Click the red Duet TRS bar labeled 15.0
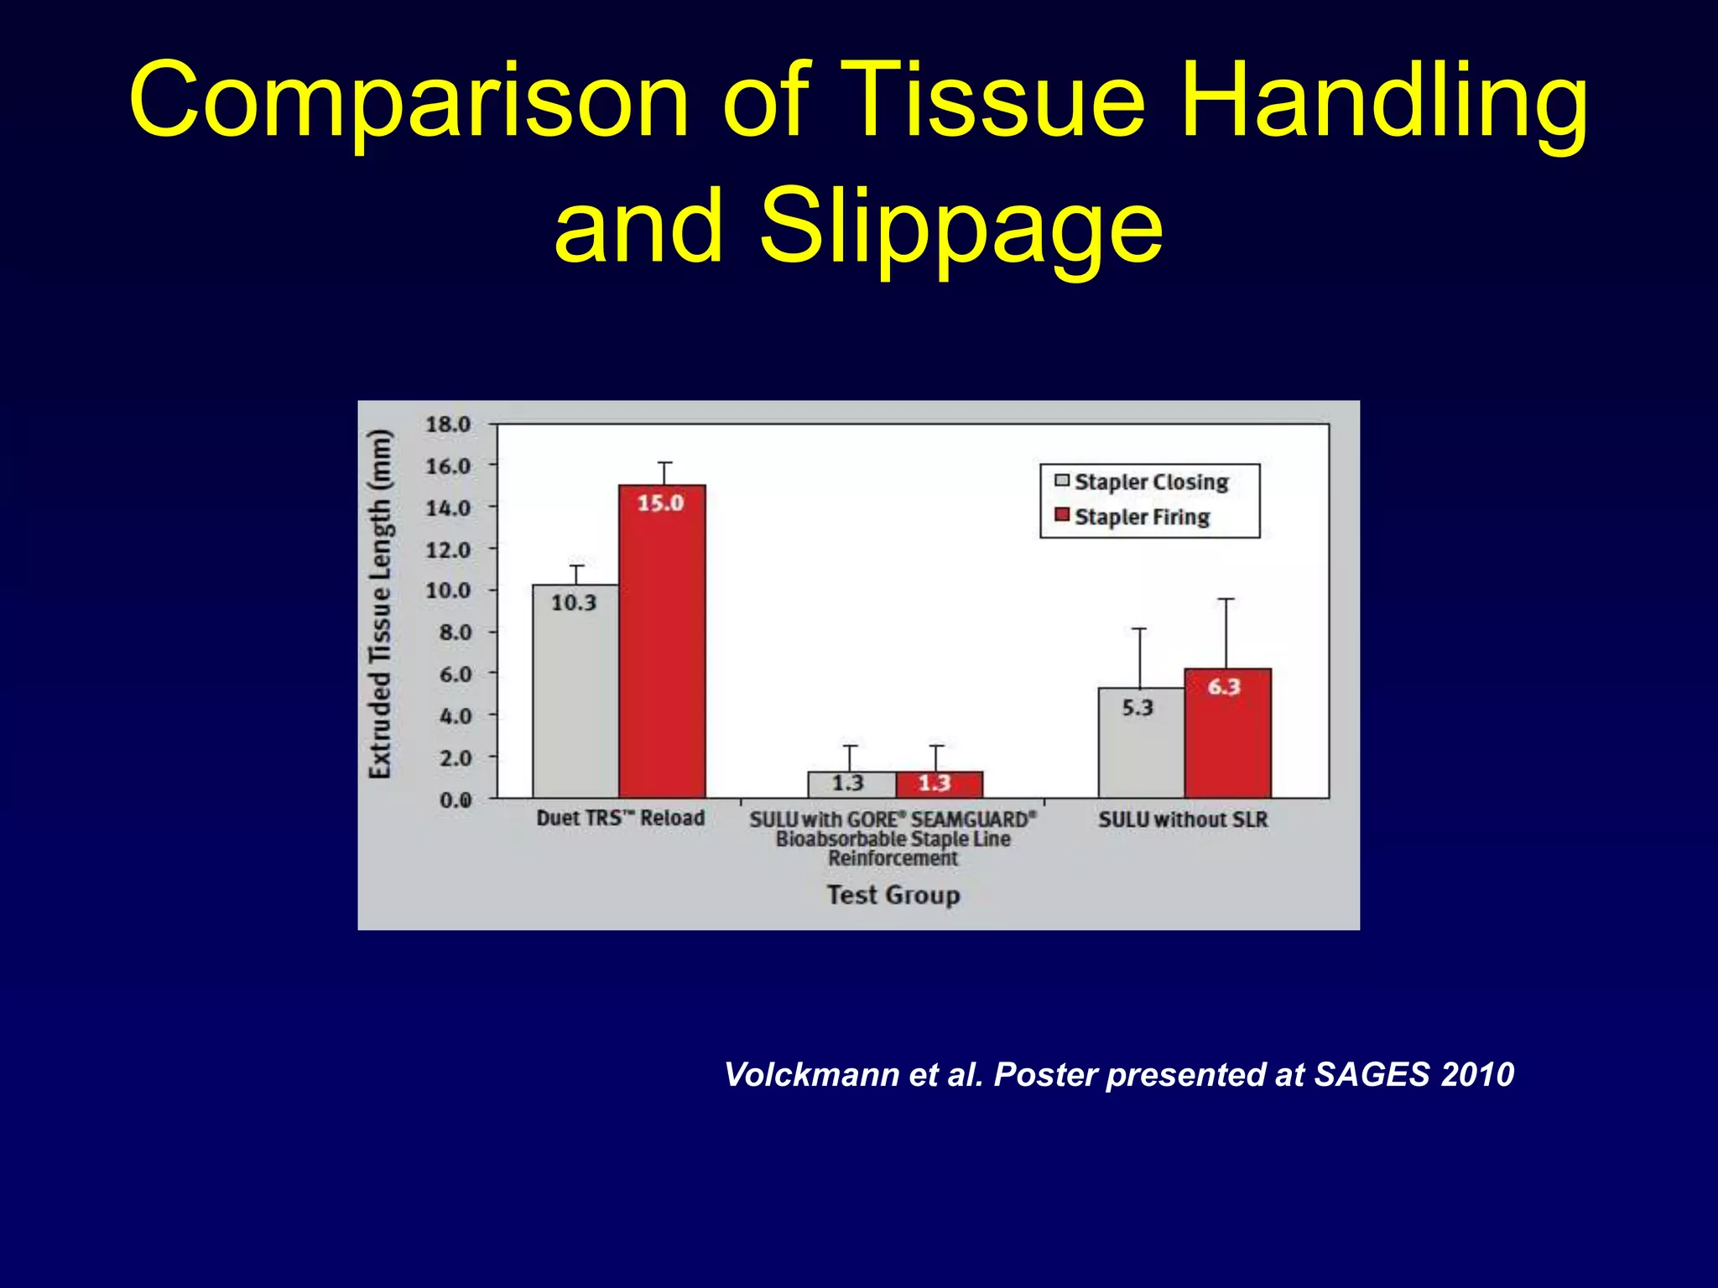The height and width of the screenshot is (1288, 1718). pyautogui.click(x=662, y=641)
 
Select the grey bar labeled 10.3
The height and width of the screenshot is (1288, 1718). pyautogui.click(x=575, y=691)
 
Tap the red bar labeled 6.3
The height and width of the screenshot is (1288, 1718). pyautogui.click(x=1227, y=734)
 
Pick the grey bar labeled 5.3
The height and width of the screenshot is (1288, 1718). pyautogui.click(x=1141, y=743)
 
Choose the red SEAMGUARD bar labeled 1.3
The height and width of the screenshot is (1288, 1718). pyautogui.click(x=939, y=784)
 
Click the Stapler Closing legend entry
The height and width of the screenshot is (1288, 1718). pyautogui.click(x=1142, y=481)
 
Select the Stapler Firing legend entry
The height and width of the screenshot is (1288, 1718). pyautogui.click(x=1132, y=517)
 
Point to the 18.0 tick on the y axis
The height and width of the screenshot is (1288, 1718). pyautogui.click(x=448, y=424)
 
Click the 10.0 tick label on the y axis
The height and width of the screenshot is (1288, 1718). pyautogui.click(x=448, y=590)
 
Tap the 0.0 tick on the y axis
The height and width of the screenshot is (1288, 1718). pyautogui.click(x=455, y=800)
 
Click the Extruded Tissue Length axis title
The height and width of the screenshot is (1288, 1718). pyautogui.click(x=380, y=604)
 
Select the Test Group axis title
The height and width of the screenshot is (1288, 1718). pyautogui.click(x=893, y=895)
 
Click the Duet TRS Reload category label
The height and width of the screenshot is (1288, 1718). pyautogui.click(x=620, y=818)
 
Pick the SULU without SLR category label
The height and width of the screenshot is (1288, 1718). pyautogui.click(x=1183, y=819)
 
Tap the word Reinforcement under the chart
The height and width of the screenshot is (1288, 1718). pyautogui.click(x=893, y=859)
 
